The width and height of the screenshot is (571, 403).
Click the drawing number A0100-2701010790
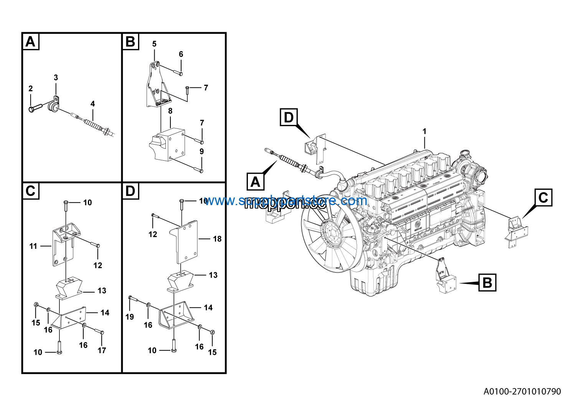(522, 391)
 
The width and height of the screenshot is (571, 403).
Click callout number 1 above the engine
(424, 132)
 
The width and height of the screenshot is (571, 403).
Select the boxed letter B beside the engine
(487, 283)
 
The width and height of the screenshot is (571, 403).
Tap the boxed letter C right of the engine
(543, 197)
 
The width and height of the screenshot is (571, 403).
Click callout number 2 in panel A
(31, 89)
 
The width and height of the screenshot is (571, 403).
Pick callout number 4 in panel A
(92, 104)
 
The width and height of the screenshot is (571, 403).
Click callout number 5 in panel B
(154, 44)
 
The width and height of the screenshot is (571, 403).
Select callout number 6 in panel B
(181, 54)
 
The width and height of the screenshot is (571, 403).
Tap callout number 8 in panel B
(170, 111)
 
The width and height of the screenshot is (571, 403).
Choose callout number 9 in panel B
(201, 151)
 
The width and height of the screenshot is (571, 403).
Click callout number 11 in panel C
(33, 246)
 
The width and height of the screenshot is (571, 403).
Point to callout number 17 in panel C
(102, 350)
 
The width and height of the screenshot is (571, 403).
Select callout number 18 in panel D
(217, 239)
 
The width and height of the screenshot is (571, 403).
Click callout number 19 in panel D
(130, 317)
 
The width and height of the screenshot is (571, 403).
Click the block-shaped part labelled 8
(171, 146)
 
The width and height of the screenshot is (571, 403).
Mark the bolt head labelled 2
(32, 109)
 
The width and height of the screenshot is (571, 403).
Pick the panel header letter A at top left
(31, 41)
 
